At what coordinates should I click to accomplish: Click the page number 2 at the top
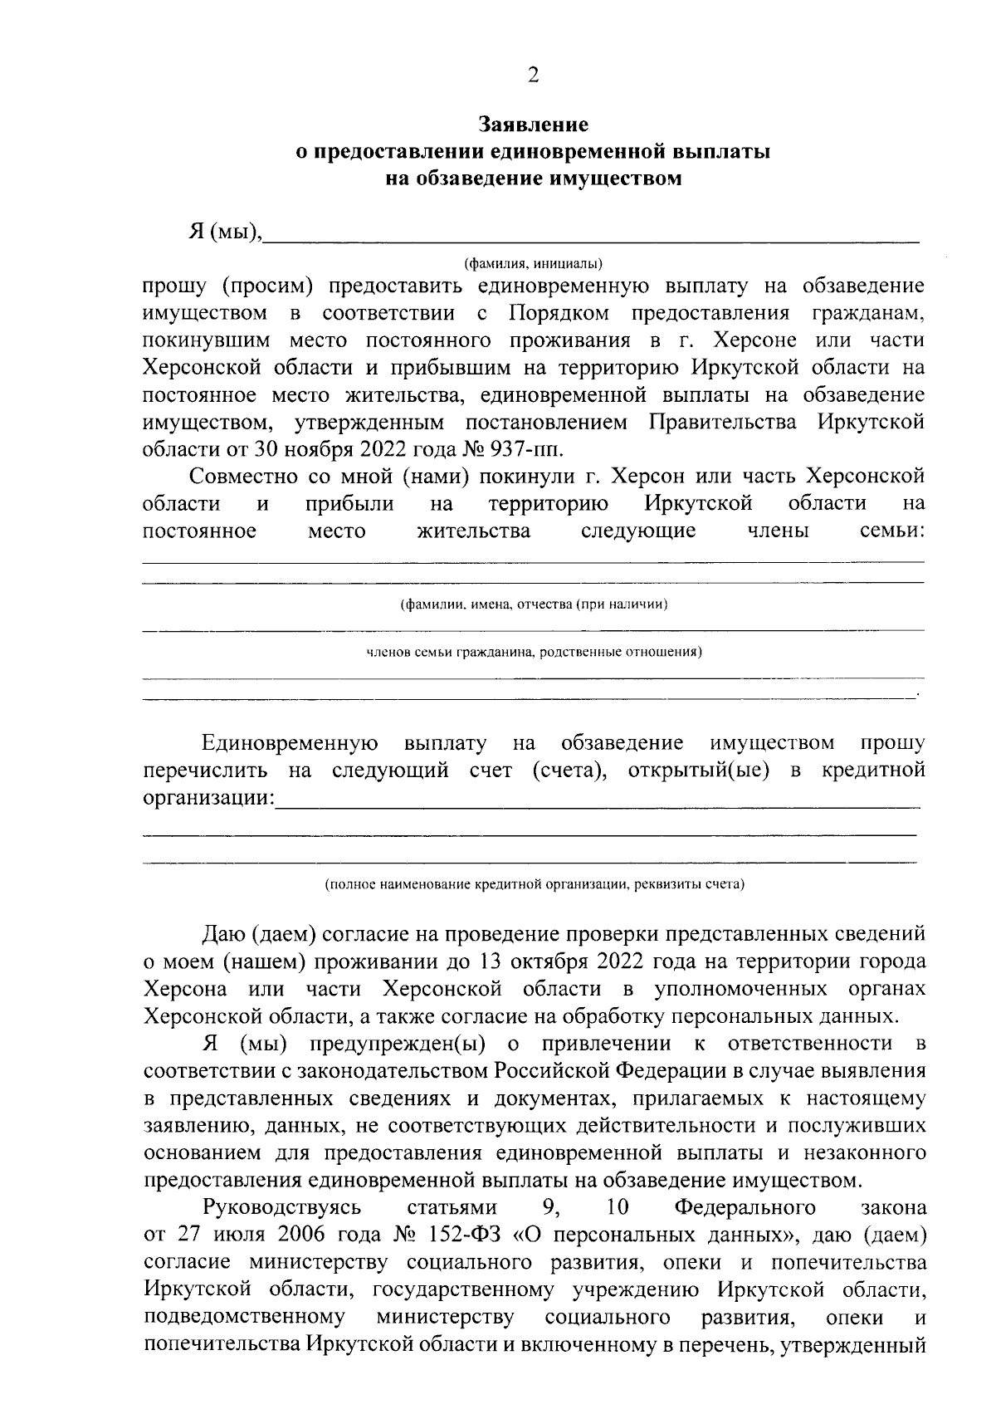tap(533, 76)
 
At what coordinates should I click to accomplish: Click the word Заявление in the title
tap(534, 125)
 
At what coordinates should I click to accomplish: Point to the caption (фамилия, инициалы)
tap(534, 263)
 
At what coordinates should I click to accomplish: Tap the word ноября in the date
tap(321, 450)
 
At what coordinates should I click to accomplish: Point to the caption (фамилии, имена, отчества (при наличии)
tap(534, 604)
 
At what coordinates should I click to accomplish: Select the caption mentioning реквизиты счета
tap(534, 884)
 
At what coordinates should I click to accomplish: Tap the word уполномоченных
tap(740, 989)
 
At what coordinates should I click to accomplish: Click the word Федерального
tap(745, 1206)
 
